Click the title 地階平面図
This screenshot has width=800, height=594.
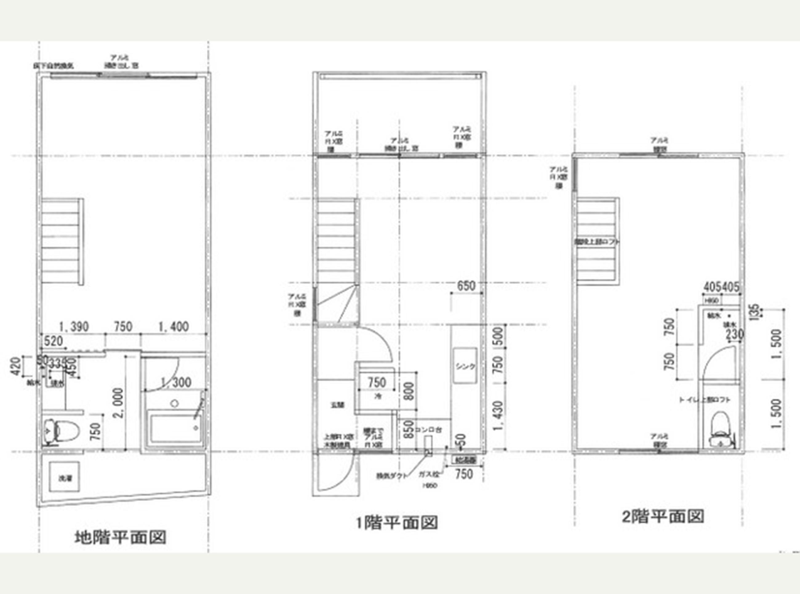[120, 538]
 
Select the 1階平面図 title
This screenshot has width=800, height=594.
[397, 523]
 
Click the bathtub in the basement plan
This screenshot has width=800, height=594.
[174, 429]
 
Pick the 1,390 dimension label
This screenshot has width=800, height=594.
[73, 327]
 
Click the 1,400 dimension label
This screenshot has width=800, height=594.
[174, 327]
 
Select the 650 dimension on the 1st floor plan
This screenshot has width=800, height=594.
[466, 286]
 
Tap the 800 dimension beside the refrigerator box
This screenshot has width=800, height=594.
[409, 391]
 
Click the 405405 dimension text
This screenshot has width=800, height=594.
[721, 287]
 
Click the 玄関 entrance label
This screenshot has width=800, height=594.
[338, 405]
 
